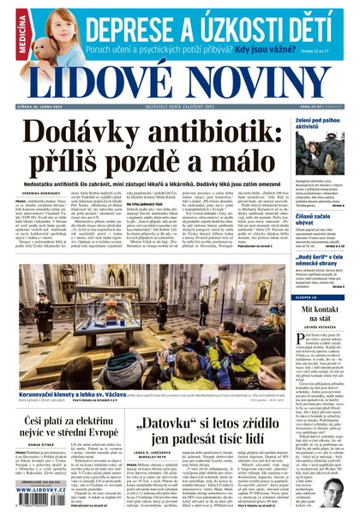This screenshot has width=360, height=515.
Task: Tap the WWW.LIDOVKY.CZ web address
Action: pos(39,490)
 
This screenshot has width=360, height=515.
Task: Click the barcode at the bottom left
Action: pos(39,502)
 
